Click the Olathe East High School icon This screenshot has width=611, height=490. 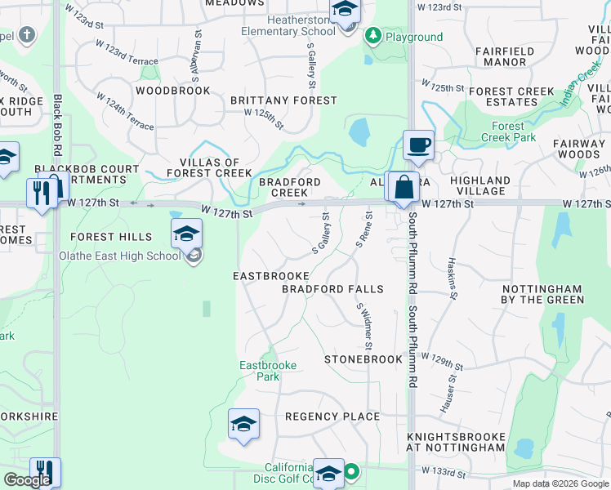click(186, 234)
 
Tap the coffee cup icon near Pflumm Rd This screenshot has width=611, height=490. click(418, 145)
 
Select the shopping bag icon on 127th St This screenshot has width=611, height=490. click(404, 186)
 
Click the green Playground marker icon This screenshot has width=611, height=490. click(373, 36)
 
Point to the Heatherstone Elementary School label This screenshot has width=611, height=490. click(288, 24)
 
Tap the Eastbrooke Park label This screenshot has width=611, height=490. click(267, 371)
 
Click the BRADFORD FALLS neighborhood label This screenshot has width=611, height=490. click(332, 290)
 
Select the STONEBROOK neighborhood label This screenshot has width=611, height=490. click(363, 359)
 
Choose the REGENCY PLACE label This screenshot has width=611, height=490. click(332, 416)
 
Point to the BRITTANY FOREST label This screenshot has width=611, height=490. click(283, 100)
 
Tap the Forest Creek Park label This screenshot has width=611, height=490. click(514, 132)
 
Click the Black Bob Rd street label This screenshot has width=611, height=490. click(58, 126)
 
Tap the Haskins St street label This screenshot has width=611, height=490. click(451, 277)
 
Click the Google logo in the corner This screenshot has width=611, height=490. click(27, 480)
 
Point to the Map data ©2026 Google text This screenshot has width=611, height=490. click(560, 483)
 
